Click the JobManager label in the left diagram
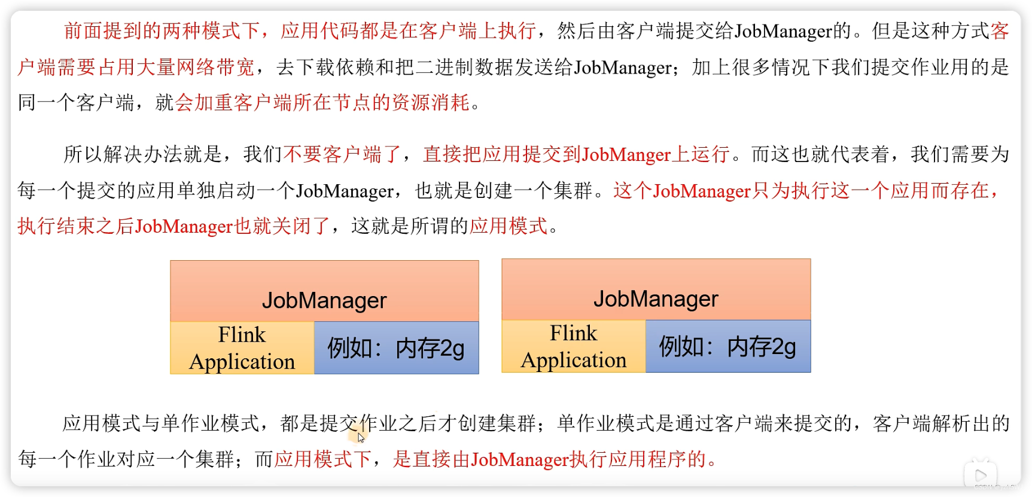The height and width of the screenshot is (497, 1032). tap(324, 300)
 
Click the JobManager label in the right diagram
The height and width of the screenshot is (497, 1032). tap(656, 298)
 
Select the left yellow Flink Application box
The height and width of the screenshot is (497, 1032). tap(242, 348)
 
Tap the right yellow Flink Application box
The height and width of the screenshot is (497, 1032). tap(573, 346)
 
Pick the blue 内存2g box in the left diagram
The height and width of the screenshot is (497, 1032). tap(396, 348)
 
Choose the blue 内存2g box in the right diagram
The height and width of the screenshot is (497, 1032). tap(727, 346)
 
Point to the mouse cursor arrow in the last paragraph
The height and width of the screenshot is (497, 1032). tap(361, 437)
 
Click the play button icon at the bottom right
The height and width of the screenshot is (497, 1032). tap(981, 475)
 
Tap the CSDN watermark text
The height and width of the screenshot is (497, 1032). tap(998, 487)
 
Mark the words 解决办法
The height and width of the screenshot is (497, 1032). tap(143, 155)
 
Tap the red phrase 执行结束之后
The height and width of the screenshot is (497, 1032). tap(75, 227)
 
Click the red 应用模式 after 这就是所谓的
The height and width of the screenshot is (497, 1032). tap(509, 227)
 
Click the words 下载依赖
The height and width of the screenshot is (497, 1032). tap(336, 68)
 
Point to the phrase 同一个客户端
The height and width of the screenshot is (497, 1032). tap(76, 103)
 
